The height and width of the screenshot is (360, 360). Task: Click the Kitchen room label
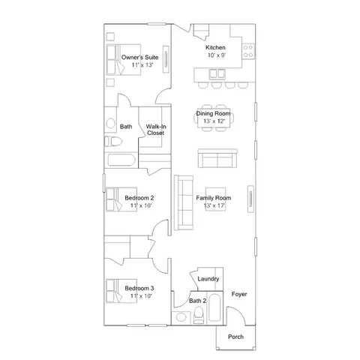pos(215,47)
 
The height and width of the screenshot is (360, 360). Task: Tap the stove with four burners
pos(248,51)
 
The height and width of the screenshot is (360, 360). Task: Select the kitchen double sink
pos(217,74)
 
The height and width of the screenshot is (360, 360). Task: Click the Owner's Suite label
pos(139,57)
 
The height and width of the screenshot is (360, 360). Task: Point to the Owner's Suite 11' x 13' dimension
pos(142,65)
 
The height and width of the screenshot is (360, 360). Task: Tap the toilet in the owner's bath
pos(113,142)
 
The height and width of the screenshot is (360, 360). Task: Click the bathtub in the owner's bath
pos(121,160)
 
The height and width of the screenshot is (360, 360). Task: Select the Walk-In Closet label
pos(156,130)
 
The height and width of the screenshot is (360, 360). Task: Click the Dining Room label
pos(213,113)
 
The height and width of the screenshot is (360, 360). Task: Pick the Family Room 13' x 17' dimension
pos(214,205)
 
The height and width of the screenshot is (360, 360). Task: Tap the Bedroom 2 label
pos(139,198)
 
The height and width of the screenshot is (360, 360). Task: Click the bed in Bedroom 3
pos(121,291)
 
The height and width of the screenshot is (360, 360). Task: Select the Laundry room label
pos(208,279)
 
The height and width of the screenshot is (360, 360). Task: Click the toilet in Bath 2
pos(199,315)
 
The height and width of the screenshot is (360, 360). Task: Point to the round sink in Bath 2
pos(181,317)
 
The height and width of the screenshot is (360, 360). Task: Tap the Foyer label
pos(239,294)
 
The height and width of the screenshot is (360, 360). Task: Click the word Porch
pos(235,337)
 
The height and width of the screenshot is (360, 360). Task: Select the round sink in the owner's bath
pos(110,123)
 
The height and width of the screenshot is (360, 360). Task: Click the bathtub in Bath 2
pos(214,307)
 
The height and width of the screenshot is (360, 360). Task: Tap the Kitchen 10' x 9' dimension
pos(217,55)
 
